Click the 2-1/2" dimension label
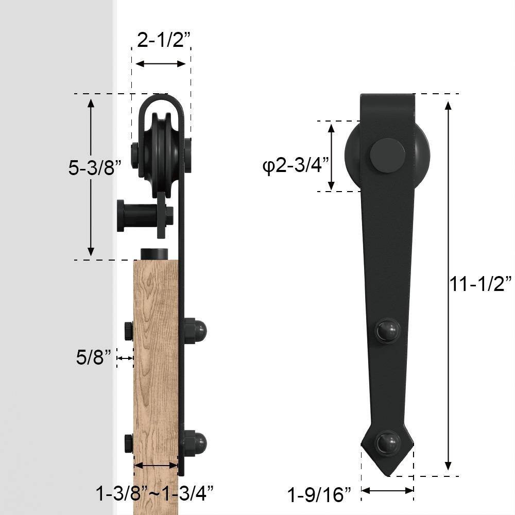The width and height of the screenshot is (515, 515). pyautogui.click(x=161, y=40)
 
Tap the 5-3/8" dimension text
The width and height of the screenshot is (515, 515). pyautogui.click(x=95, y=168)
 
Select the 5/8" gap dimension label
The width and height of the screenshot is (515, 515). pyautogui.click(x=94, y=357)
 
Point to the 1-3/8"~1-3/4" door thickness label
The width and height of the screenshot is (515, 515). pyautogui.click(x=154, y=493)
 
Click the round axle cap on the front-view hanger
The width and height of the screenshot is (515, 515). pyautogui.click(x=387, y=155)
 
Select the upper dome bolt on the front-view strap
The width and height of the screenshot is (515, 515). pyautogui.click(x=387, y=330)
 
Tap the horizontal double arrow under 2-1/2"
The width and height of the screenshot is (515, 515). pyautogui.click(x=160, y=64)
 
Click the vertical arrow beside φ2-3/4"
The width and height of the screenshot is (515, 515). pyautogui.click(x=332, y=157)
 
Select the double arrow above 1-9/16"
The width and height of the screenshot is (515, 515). pyautogui.click(x=387, y=491)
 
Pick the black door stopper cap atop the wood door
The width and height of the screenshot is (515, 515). pyautogui.click(x=154, y=254)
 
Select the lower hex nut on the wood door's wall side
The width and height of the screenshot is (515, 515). pyautogui.click(x=129, y=443)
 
